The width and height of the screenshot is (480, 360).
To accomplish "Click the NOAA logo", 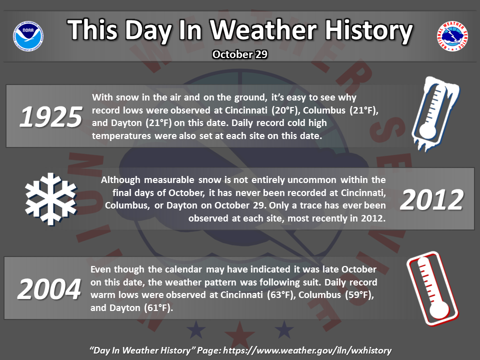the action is (28, 36).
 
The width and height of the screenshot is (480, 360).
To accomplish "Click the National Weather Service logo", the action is (452, 36).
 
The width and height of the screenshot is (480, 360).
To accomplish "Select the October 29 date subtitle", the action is (240, 54).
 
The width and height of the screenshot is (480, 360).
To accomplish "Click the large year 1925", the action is (51, 116).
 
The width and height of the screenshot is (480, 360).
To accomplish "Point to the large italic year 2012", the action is (431, 200).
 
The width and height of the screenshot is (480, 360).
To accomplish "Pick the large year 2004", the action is (49, 289).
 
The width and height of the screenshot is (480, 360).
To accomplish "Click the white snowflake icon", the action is (51, 199).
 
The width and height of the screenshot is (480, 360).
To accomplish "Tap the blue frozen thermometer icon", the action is (435, 114).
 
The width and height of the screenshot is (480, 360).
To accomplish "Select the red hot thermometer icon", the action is (432, 288).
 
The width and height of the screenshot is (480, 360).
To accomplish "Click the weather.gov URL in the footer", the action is (307, 350).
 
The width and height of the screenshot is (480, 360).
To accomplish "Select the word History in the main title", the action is (369, 30).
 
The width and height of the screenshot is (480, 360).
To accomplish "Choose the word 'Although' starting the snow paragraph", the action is (121, 180).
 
